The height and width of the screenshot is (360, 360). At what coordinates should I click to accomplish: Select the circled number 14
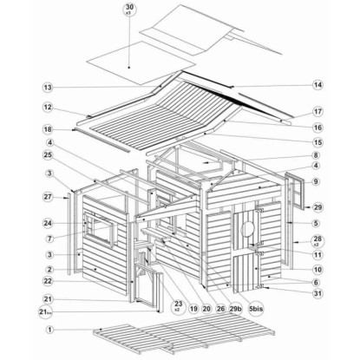[x=317, y=85]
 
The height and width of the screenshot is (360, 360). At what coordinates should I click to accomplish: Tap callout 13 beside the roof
[x=48, y=87]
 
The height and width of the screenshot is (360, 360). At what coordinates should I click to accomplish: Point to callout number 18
[x=48, y=129]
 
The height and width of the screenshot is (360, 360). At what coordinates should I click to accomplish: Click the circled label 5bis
[x=256, y=309]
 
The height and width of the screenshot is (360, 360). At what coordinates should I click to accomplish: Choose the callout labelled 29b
[x=235, y=309]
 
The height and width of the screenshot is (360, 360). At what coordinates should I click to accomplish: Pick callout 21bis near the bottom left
[x=46, y=312]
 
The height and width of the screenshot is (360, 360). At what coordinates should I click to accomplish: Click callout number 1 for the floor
[x=49, y=330]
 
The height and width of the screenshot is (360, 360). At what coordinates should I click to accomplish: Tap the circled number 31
[x=317, y=293]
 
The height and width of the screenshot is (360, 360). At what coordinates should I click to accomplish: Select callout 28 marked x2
[x=317, y=240]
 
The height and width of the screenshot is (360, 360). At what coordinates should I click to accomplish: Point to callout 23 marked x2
[x=179, y=305]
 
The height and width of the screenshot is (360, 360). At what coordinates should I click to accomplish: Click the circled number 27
[x=48, y=197]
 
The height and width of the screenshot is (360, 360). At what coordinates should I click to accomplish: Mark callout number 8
[x=316, y=155]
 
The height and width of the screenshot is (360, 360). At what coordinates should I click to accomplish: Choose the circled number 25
[x=48, y=155]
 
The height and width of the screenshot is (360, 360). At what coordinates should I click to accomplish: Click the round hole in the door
[x=248, y=228]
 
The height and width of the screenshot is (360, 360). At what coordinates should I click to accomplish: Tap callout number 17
[x=317, y=112]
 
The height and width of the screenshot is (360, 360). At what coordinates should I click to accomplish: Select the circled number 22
[x=48, y=281]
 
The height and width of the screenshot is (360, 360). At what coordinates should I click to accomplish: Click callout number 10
[x=317, y=270]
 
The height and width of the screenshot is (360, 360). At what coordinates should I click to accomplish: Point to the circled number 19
[x=193, y=309]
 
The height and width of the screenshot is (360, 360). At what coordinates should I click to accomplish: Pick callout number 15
[x=317, y=142]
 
